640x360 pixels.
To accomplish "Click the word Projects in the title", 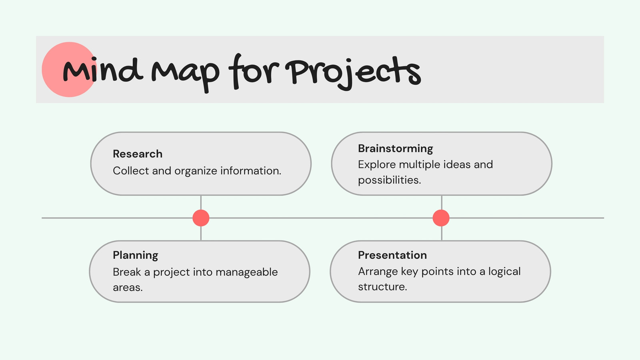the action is [353, 73].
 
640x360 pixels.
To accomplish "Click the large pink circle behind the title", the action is [69, 70].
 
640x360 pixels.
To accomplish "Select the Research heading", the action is [138, 154].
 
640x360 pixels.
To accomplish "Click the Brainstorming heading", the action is [396, 149].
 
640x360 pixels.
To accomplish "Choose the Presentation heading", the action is [392, 255].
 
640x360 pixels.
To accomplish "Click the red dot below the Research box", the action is [201, 218].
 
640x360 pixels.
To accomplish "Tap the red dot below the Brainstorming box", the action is [441, 218].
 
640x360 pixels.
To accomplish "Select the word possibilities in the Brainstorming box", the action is [390, 180].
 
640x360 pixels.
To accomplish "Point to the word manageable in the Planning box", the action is [246, 272].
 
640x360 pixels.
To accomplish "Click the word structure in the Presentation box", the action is [382, 286].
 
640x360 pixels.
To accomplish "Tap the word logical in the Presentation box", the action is [504, 272].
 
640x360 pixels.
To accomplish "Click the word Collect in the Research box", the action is [131, 170].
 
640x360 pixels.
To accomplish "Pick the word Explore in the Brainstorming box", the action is [377, 165].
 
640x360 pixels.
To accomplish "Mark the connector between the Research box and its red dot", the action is [201, 202].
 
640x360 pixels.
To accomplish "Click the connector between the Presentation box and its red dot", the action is [442, 234].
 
